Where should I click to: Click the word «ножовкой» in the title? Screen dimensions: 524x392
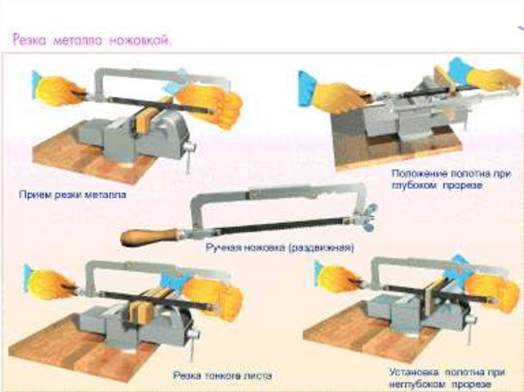coord(139,41)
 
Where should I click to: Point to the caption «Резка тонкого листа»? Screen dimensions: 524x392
coord(222,376)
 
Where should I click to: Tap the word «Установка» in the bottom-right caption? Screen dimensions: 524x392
coord(413,372)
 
